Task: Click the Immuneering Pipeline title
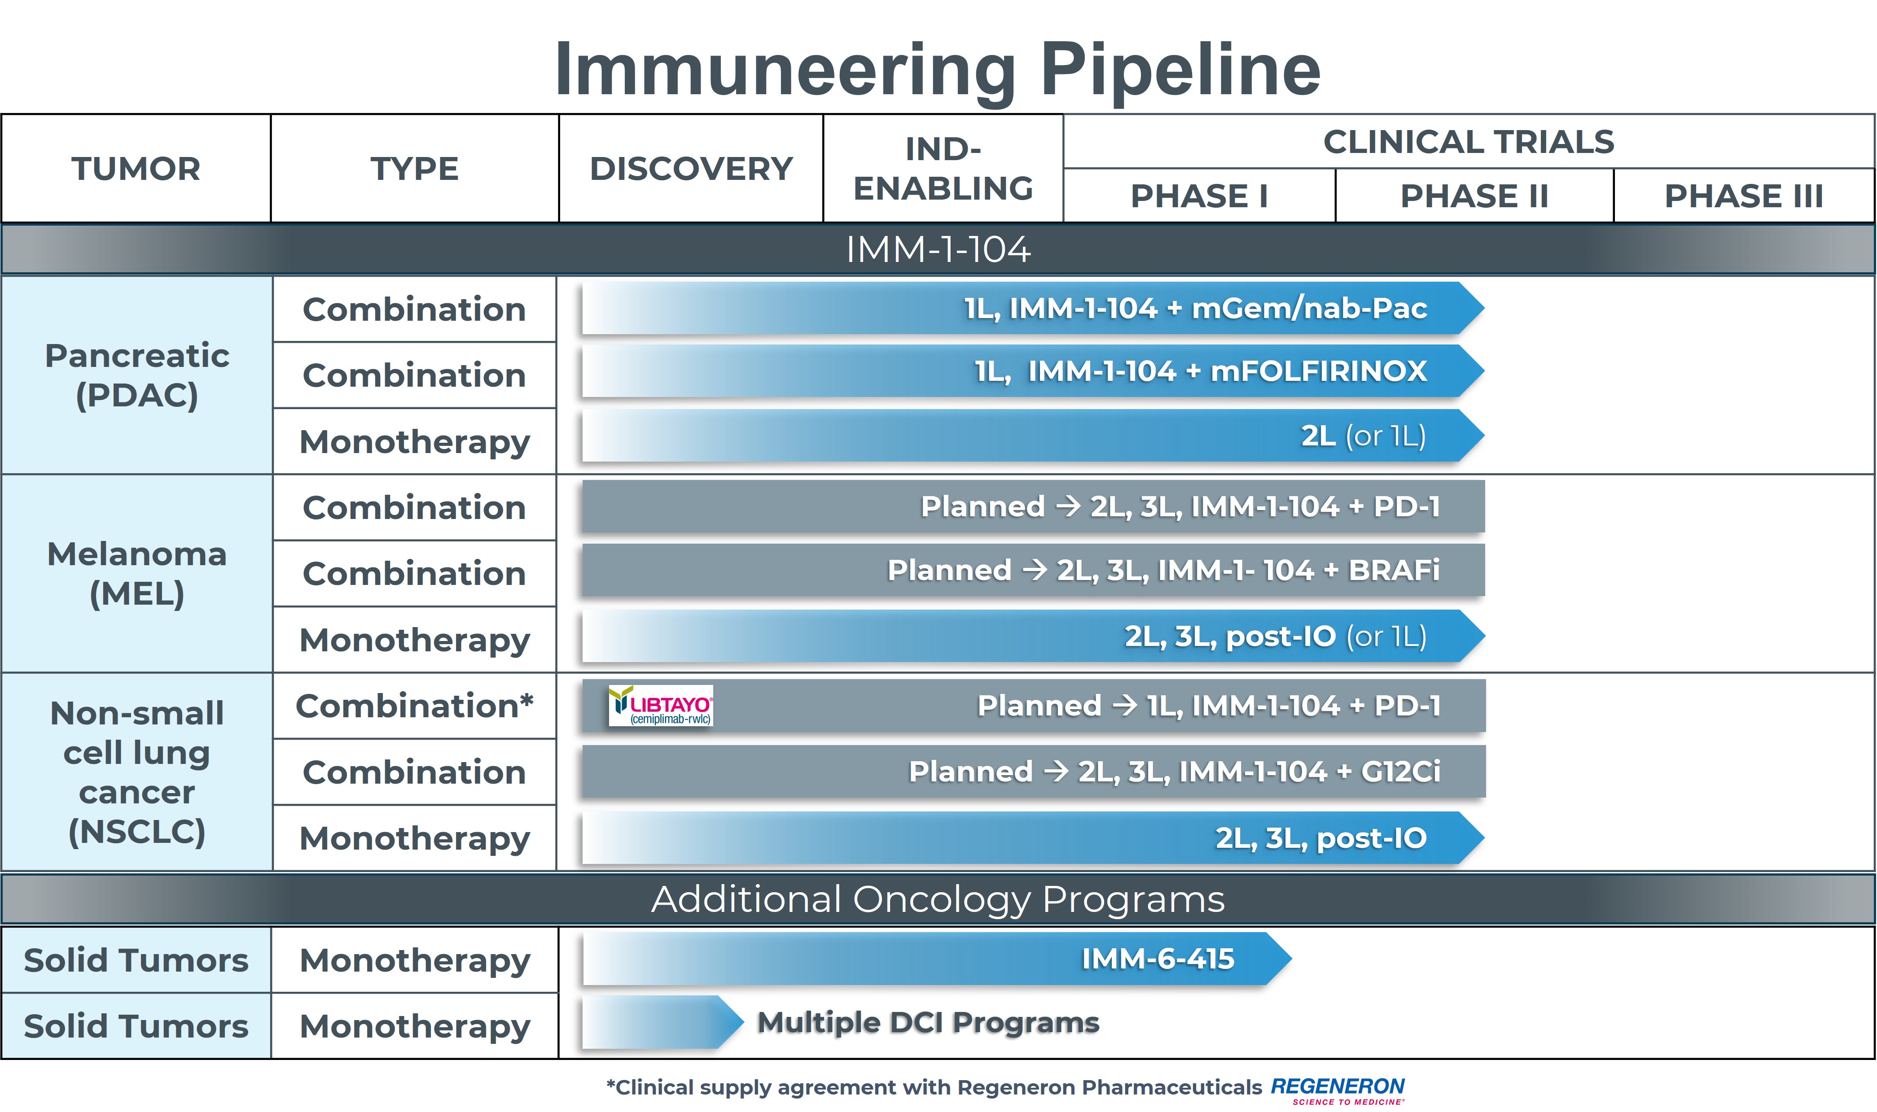(x=937, y=69)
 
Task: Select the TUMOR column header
(x=136, y=169)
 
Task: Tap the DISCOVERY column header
(x=690, y=169)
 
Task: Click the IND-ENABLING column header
(x=942, y=169)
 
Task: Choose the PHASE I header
(x=1199, y=196)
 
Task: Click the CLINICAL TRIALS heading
(x=1468, y=142)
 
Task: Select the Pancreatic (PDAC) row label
(x=137, y=375)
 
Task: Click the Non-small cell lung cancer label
(x=137, y=772)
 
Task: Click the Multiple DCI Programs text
(x=927, y=1022)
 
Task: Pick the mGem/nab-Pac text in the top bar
(x=1309, y=308)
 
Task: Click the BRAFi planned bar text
(x=1163, y=570)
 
